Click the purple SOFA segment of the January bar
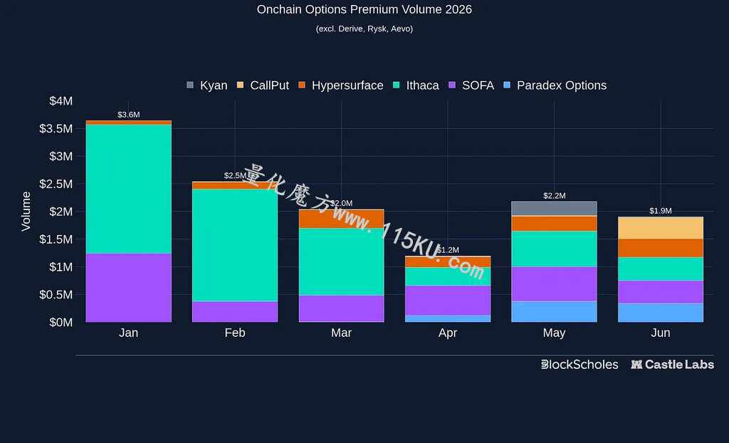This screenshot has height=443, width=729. [129, 288]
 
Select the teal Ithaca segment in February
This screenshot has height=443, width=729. [235, 245]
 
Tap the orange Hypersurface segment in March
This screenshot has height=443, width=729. [341, 219]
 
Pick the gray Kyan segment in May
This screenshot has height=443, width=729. [554, 209]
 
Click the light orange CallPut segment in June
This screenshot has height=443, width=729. [661, 228]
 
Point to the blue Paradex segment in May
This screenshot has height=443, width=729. [554, 312]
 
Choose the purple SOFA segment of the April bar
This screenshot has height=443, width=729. [448, 301]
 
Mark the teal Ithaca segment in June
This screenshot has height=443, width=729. [661, 269]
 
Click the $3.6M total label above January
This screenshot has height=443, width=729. [129, 115]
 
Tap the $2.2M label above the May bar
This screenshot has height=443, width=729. [555, 195]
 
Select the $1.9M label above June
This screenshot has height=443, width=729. [661, 211]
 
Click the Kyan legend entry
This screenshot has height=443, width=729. [207, 85]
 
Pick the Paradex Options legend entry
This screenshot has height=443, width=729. [555, 85]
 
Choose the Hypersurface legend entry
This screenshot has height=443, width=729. [341, 85]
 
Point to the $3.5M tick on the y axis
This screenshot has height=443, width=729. [56, 128]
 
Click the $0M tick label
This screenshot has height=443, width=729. [61, 322]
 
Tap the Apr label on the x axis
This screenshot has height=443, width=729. [448, 333]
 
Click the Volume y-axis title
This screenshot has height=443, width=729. [26, 212]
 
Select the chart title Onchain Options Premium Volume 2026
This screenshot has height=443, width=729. [364, 9]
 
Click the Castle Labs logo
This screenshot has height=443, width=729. [672, 365]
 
